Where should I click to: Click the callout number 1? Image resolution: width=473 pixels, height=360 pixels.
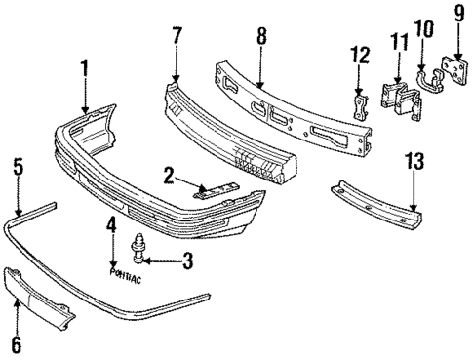coord(85,70)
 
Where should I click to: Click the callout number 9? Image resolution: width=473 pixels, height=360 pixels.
coord(459,16)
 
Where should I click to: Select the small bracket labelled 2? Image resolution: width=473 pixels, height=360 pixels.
coord(217,189)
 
